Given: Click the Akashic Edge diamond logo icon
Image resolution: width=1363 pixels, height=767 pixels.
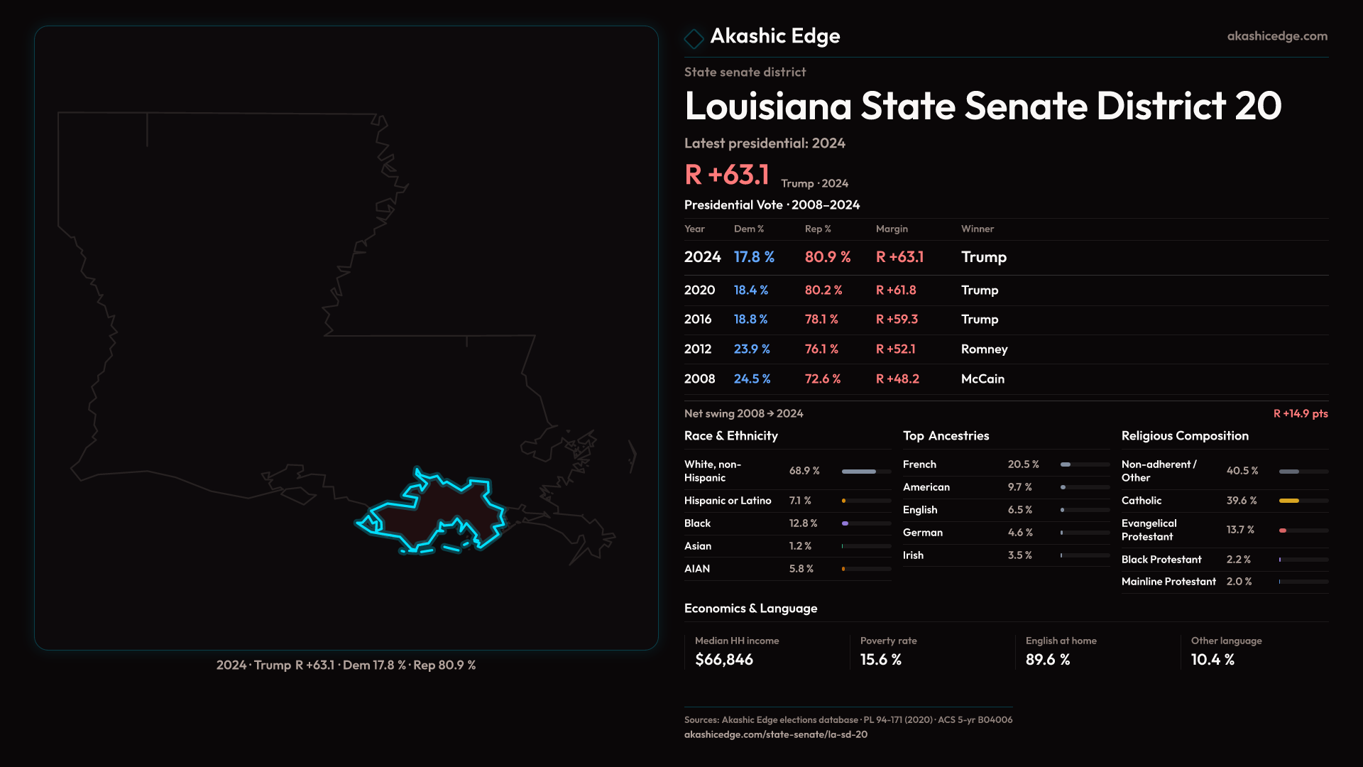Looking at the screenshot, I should [694, 38].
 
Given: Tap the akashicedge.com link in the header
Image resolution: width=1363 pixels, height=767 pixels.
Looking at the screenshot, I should [1277, 36].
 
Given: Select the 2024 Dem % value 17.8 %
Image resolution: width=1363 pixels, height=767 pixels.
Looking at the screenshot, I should [754, 257].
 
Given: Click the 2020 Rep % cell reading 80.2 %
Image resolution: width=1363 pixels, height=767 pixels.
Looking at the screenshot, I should [823, 290].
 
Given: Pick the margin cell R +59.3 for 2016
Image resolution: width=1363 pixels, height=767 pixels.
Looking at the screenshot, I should [897, 320].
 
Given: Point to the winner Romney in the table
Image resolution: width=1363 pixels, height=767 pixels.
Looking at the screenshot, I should [984, 349].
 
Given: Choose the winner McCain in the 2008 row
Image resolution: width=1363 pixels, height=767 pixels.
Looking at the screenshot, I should [982, 379].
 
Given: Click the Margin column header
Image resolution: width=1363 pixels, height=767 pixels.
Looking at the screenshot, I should [892, 229].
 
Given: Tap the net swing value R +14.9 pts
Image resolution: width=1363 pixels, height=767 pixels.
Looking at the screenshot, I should [1300, 414].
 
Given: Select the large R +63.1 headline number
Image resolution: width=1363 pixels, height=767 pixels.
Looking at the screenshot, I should [727, 175].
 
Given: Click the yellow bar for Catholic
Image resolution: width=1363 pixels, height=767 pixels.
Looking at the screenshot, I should [1288, 501].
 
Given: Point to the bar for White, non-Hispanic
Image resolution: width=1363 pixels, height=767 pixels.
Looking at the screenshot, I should [858, 472].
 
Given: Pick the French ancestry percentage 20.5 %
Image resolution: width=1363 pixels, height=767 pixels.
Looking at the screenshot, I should [1023, 464].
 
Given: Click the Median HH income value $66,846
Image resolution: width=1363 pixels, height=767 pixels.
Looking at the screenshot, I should [724, 660].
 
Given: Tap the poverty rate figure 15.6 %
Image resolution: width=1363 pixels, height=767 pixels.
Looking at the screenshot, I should [880, 660].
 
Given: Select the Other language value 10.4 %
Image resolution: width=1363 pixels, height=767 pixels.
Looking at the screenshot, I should [1213, 660].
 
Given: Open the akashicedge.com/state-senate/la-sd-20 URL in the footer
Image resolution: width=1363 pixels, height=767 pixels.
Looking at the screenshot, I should [775, 735].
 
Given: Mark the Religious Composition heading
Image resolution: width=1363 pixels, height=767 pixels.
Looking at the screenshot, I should [1185, 436].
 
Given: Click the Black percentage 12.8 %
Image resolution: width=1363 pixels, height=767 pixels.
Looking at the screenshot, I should [803, 523].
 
